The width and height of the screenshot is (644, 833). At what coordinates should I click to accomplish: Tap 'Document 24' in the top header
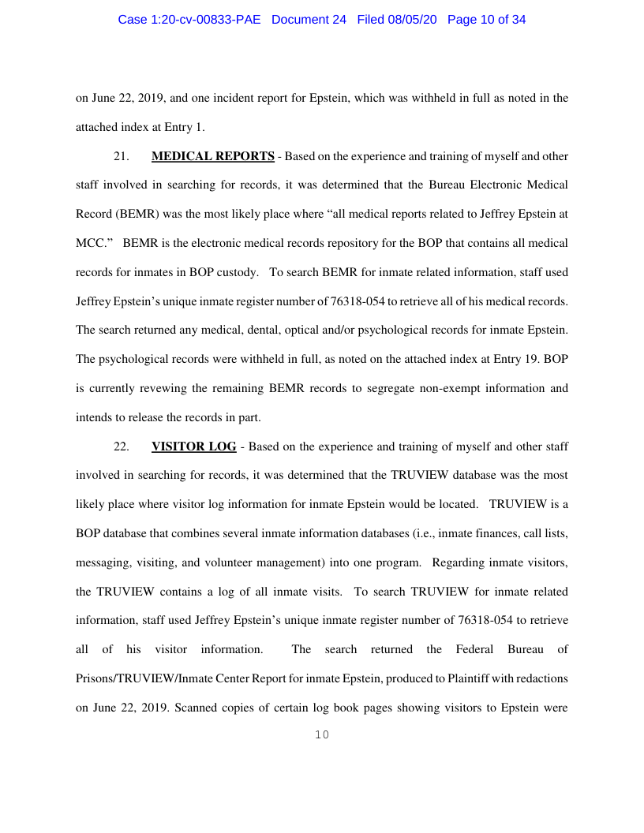tap(309, 20)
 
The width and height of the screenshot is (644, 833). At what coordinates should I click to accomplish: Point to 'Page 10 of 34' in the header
tap(486, 20)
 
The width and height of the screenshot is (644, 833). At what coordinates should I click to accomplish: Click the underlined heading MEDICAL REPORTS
tap(213, 156)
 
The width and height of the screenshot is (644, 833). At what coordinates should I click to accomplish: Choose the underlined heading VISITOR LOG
tap(193, 446)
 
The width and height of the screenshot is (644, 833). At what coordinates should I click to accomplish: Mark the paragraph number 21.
tap(122, 156)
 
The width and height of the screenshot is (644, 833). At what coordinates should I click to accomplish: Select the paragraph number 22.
tap(122, 446)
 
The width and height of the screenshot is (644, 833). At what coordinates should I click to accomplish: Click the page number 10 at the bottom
tap(322, 735)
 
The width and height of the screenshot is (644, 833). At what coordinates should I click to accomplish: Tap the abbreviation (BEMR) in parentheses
tap(139, 215)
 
